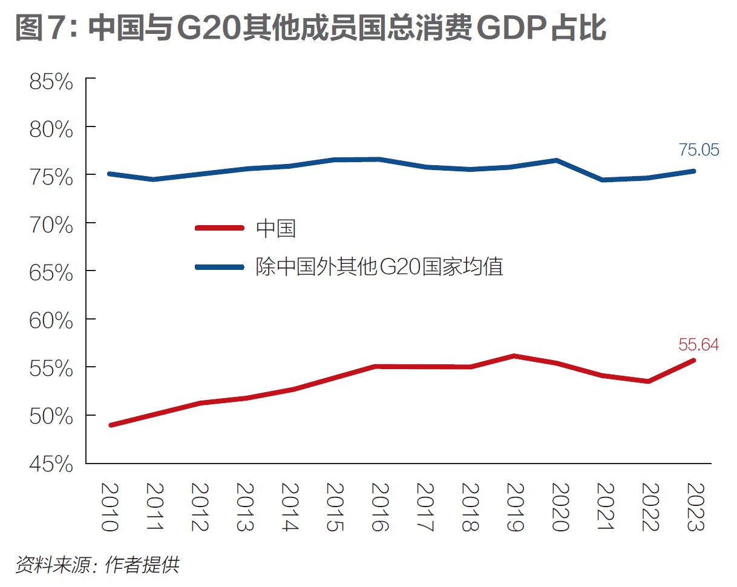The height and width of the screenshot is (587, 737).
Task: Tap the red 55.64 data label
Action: tap(698, 346)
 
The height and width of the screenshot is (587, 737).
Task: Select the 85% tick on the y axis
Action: tap(51, 82)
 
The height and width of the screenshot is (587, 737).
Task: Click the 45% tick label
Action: tap(51, 465)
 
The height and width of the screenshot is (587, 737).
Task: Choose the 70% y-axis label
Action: tap(51, 225)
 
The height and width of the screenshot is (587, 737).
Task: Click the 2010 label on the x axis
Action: tap(109, 507)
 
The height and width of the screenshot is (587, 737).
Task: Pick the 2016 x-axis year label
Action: tap(378, 507)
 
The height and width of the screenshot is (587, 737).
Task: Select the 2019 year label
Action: tap(514, 507)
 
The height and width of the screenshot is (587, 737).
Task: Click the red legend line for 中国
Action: tap(219, 228)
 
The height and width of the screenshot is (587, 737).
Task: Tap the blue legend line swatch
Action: tap(219, 266)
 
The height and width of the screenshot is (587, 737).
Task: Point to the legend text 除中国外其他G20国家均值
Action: tap(379, 266)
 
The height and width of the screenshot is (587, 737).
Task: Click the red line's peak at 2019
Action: tap(514, 356)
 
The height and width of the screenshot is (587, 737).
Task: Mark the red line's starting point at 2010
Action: tap(111, 425)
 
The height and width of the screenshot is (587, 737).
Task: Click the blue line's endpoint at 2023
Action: tap(694, 171)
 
